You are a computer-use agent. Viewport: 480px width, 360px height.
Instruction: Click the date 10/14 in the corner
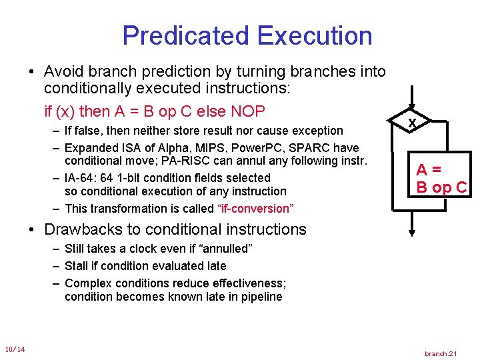[x=15, y=349]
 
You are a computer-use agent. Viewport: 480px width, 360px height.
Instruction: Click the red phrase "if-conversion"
[x=255, y=209]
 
